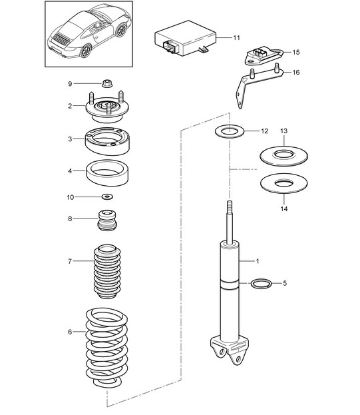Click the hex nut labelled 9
point(107,84)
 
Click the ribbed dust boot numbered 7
point(107,272)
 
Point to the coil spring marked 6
point(106,348)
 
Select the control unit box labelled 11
point(186,39)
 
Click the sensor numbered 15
point(264,57)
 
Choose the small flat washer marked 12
point(230,131)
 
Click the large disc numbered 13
point(283,156)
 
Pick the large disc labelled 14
point(283,183)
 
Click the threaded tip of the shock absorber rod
point(230,206)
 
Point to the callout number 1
point(258,261)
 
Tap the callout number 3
point(70,139)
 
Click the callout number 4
point(70,171)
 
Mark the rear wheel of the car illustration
point(85,51)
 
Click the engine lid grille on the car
point(61,39)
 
